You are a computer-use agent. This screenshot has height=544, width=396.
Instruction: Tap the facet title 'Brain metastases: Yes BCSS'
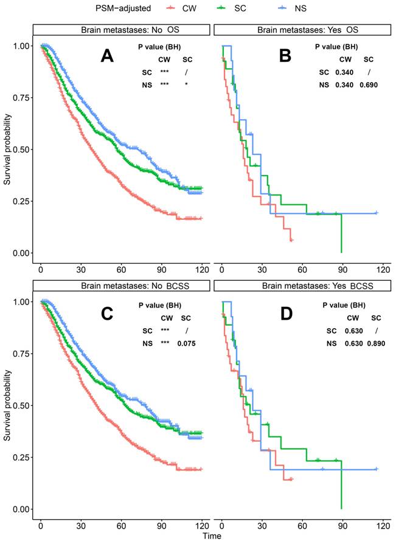(300, 286)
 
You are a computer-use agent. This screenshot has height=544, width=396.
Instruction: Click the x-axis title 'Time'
(212, 537)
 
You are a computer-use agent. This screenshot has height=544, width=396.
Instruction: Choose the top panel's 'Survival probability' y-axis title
(7, 149)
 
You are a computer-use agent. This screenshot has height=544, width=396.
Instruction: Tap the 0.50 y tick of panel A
(20, 150)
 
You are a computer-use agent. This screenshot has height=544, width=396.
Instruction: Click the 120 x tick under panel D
(383, 524)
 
